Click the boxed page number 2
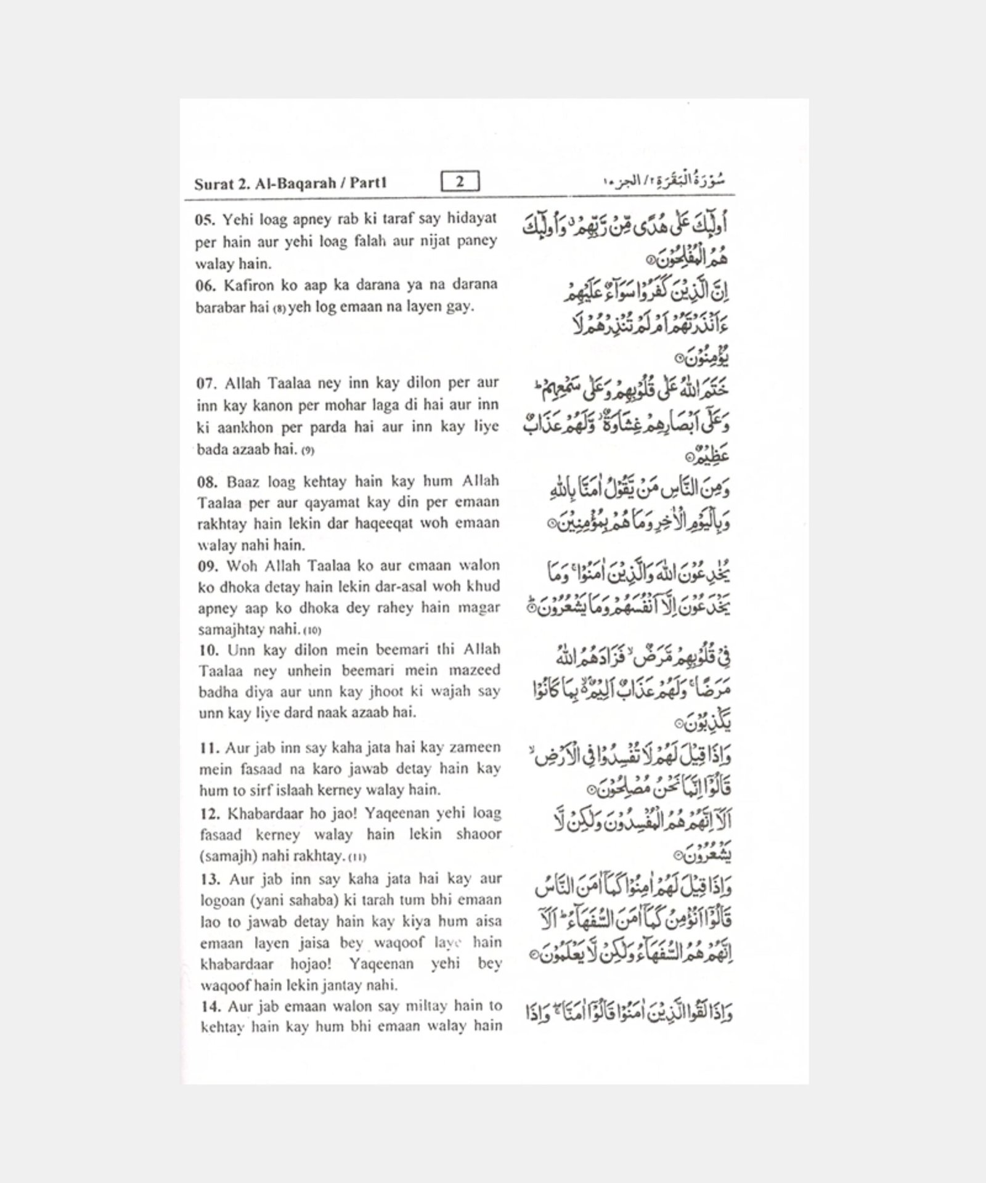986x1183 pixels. click(460, 182)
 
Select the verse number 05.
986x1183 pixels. click(205, 219)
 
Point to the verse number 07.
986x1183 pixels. click(206, 384)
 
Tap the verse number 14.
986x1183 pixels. click(210, 1007)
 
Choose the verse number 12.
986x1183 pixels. click(210, 814)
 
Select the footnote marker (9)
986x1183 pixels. click(308, 451)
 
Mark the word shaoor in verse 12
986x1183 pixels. click(479, 834)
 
